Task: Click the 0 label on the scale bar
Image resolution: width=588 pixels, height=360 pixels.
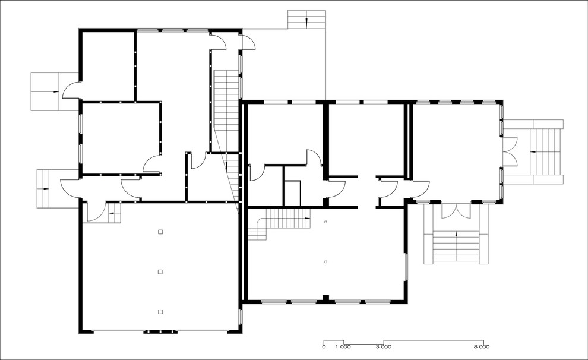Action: tap(324, 346)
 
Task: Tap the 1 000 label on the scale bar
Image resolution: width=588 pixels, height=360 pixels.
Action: tap(343, 346)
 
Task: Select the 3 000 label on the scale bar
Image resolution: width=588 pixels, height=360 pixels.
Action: tap(384, 346)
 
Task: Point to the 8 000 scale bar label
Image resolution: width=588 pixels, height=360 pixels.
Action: tap(482, 346)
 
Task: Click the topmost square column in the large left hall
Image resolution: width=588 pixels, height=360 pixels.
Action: tap(160, 232)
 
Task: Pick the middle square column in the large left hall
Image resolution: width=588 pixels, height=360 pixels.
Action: tap(160, 272)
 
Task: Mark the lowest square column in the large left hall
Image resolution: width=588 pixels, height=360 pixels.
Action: tap(160, 312)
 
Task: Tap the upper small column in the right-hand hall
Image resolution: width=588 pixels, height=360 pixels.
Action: tap(325, 222)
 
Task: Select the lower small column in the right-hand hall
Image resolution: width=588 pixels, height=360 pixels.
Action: tap(325, 262)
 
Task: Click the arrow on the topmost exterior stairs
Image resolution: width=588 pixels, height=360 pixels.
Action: tap(306, 22)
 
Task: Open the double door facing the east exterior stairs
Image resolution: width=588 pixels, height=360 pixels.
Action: tap(510, 152)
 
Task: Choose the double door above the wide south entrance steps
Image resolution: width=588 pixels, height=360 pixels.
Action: tap(456, 211)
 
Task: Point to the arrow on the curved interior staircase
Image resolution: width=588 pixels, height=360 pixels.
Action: tap(306, 218)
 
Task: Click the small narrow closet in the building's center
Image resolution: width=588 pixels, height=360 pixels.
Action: tap(292, 194)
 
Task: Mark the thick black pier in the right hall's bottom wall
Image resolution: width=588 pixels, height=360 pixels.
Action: tap(326, 298)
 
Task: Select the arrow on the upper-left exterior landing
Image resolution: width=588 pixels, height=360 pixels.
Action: tap(55, 91)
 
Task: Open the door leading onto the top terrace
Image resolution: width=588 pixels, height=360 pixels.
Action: tap(248, 42)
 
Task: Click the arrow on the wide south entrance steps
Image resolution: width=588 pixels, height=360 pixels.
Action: tap(456, 235)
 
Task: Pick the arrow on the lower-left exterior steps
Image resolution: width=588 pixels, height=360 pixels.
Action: tap(46, 189)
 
